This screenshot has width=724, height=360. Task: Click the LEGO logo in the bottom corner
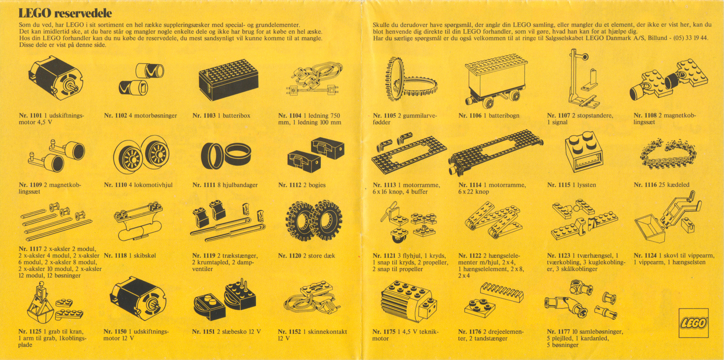coord(694,323)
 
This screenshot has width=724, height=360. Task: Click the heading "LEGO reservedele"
coord(65,13)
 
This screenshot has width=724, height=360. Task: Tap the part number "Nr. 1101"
coord(30,116)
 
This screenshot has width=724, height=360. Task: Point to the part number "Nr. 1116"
coord(645,185)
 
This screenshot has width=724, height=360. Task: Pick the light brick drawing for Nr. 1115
coord(584,152)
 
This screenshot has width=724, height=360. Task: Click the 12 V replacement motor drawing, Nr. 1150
coord(138,298)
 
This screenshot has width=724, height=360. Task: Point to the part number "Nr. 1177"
coord(558,332)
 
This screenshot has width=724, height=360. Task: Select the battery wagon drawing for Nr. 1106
coord(496,81)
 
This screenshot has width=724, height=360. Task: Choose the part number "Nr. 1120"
coord(290,256)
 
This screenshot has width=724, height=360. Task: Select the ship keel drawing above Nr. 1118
coord(138,222)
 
